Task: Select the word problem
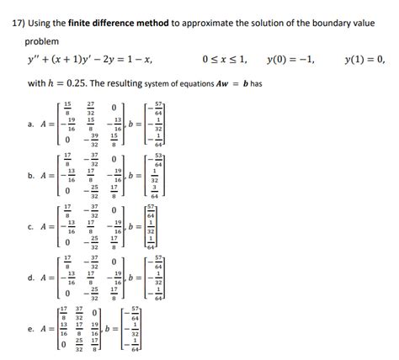tap(42, 41)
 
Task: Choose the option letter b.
tap(30, 177)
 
